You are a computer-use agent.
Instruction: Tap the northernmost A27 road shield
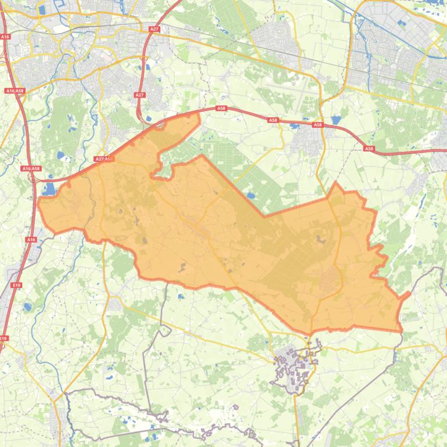coord(154,28)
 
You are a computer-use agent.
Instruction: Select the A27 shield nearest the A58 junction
coord(139,95)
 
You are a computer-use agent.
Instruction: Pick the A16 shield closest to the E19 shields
coord(31,239)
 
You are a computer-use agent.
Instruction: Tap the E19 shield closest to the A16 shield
coord(16,285)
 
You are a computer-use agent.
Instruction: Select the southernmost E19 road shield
coord(4,338)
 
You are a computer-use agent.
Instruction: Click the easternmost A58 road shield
coord(369,149)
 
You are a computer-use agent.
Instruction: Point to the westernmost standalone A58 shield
coord(221,108)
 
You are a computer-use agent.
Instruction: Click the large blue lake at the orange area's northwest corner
coord(49,189)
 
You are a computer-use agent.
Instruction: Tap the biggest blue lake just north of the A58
coord(336,120)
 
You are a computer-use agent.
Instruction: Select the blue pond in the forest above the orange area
coord(250,196)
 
